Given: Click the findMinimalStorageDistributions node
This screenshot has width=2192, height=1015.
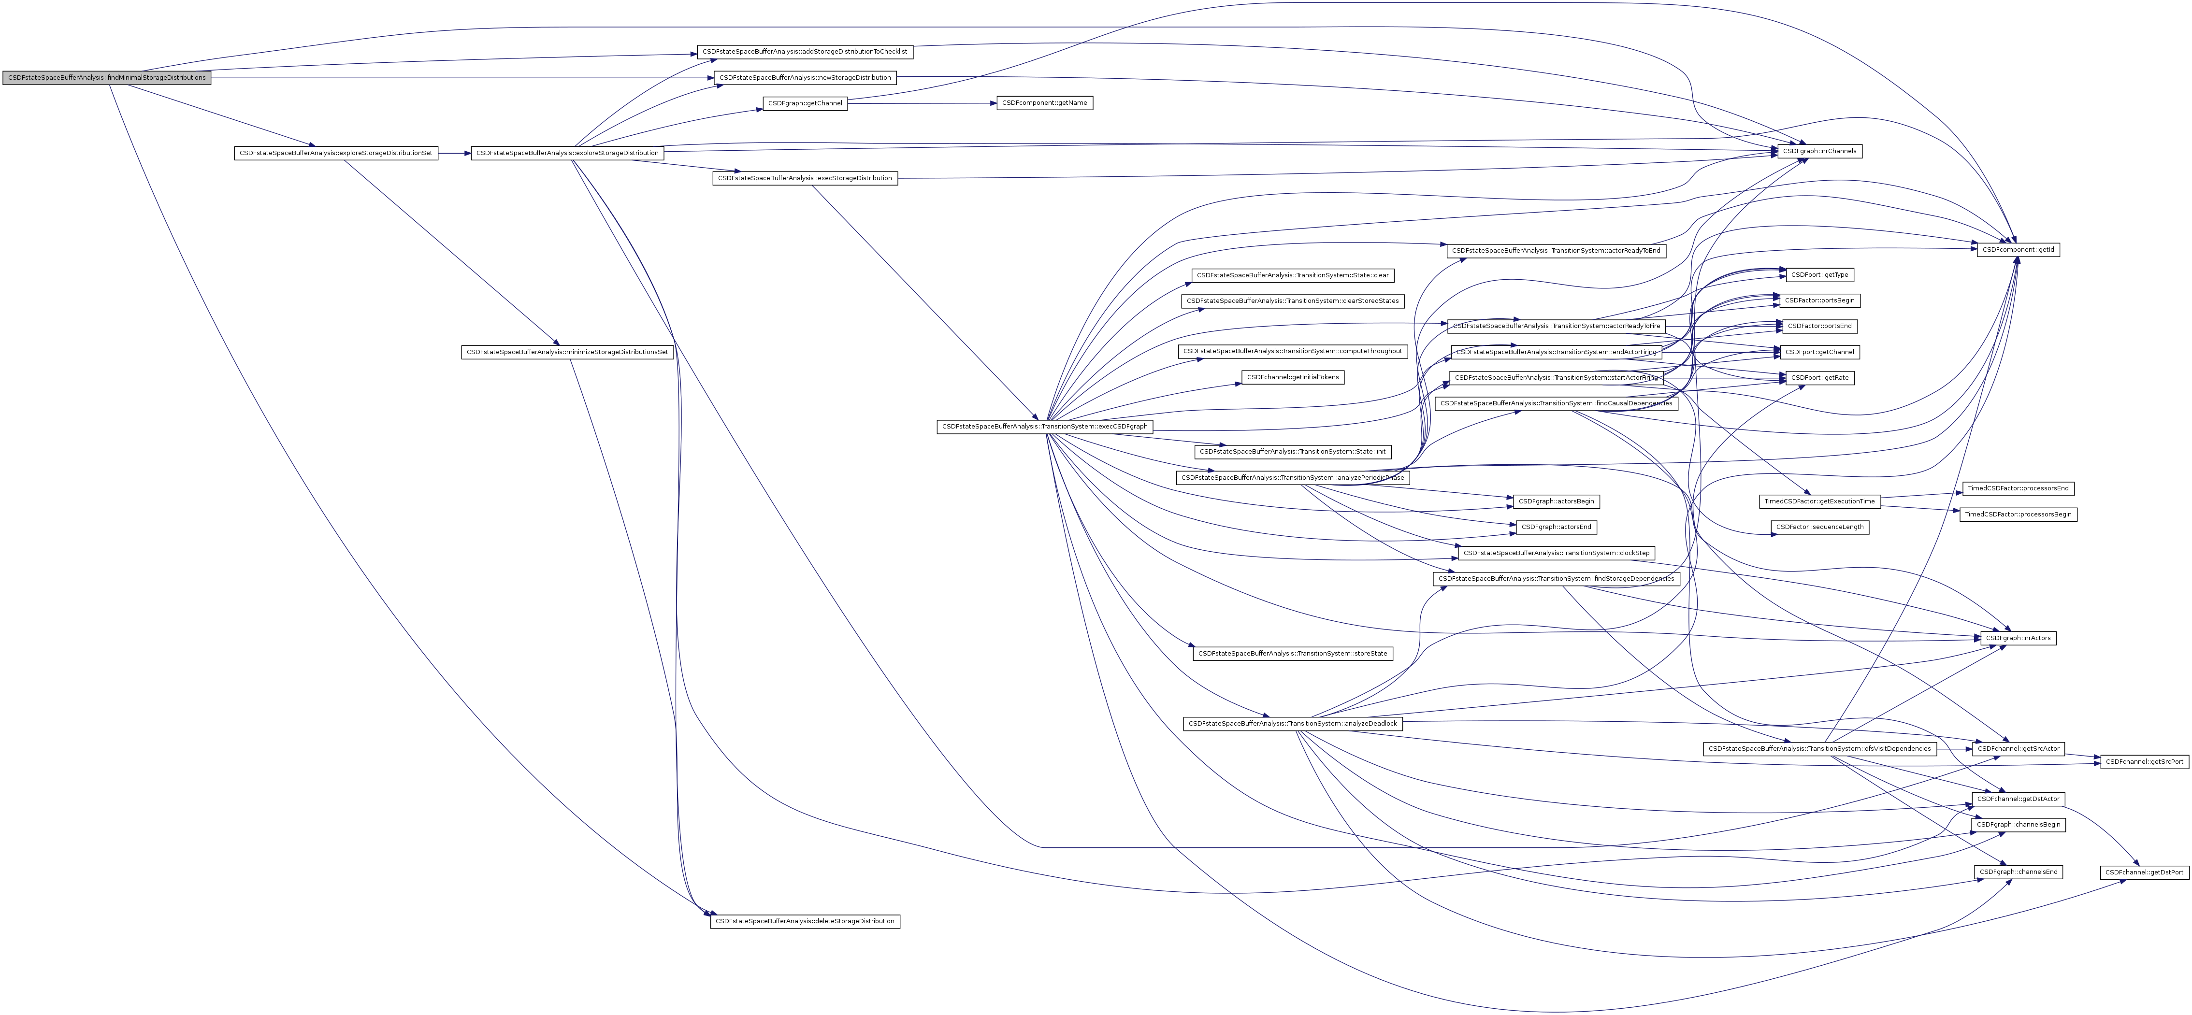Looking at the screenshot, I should pos(106,77).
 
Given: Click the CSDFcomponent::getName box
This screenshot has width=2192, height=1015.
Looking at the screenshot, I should pos(1044,103).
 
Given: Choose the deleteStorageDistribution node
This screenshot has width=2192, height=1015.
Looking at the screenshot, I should pos(804,921).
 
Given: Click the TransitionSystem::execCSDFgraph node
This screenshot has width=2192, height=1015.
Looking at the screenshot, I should pos(1044,426).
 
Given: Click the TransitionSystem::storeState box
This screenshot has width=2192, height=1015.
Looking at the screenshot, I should pos(1293,654).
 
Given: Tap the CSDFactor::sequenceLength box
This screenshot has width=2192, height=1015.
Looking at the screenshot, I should pos(1819,528).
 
